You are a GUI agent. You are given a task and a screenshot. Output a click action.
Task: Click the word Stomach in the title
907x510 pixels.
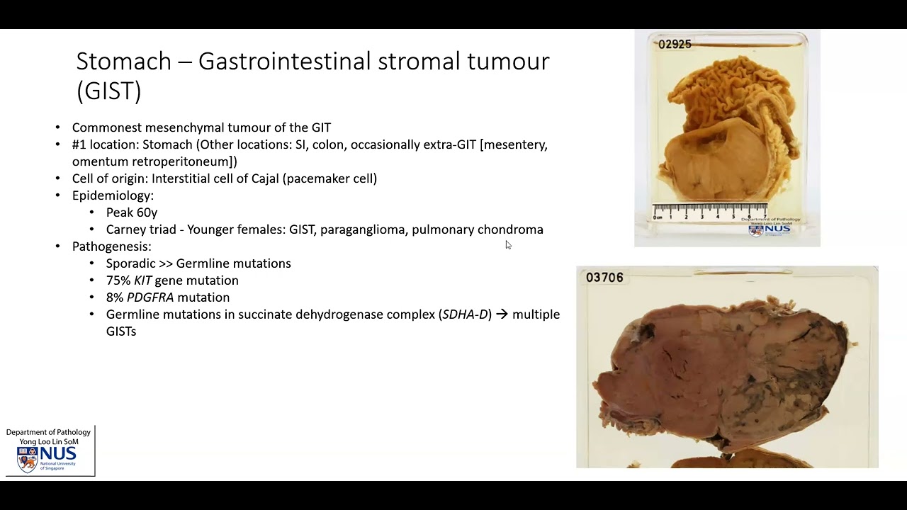(x=123, y=61)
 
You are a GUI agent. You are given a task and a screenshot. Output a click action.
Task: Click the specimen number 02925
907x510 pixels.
(x=674, y=44)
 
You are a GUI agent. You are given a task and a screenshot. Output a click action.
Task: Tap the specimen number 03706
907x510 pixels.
(x=604, y=278)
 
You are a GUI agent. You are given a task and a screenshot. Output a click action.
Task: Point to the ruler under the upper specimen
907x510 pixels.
(x=709, y=211)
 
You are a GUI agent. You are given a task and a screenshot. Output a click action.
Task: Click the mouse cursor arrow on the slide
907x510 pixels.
(x=508, y=244)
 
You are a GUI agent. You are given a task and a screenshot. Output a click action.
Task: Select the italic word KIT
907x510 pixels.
(x=143, y=280)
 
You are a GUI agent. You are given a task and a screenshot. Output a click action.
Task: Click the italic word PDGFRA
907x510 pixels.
(x=150, y=297)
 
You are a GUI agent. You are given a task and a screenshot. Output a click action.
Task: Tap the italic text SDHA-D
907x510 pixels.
(x=465, y=314)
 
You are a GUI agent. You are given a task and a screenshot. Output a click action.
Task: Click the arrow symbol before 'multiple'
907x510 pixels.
(x=501, y=314)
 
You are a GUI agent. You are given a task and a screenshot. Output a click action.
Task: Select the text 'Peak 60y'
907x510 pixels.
(x=132, y=212)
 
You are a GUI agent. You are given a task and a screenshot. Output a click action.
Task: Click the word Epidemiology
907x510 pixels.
(x=112, y=195)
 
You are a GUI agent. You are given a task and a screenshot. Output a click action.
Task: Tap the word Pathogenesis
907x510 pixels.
(x=111, y=246)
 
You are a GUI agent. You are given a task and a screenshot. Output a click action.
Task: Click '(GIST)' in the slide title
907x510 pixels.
(x=108, y=91)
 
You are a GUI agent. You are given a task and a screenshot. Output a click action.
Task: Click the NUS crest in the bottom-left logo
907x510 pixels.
(x=27, y=460)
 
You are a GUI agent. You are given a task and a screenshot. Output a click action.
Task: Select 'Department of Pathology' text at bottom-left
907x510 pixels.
(x=48, y=432)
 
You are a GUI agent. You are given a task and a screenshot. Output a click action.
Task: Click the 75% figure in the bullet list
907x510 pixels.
(x=118, y=280)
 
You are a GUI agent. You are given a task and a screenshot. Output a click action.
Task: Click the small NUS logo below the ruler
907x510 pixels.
(x=770, y=229)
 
